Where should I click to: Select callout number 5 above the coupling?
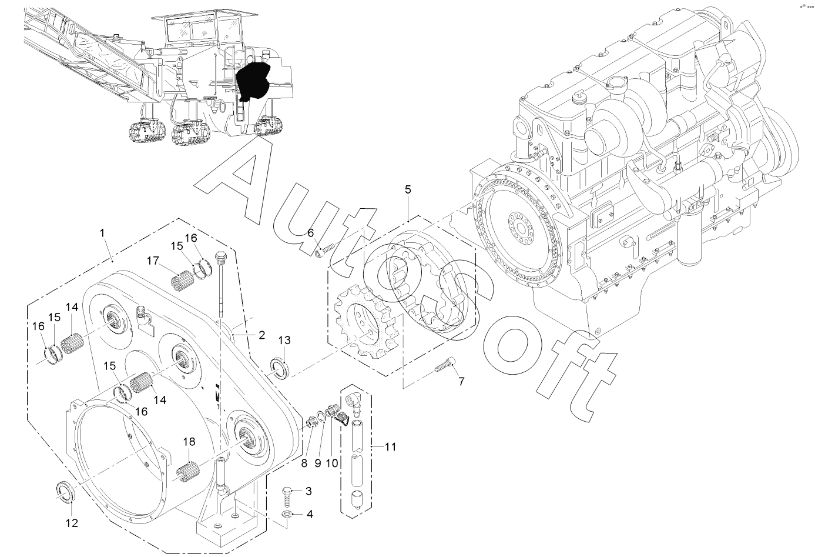pos(408,189)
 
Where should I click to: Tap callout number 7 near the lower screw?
pos(461,381)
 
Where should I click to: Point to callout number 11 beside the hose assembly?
pos(390,446)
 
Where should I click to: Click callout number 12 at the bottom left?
pos(72,523)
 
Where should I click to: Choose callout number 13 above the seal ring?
pos(284,340)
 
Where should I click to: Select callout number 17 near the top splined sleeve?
pos(153,261)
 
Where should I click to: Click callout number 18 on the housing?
pos(189,442)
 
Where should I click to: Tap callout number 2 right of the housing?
pos(261,335)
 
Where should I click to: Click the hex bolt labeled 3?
pos(287,497)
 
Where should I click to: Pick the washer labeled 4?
pos(286,514)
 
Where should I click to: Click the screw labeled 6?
pos(324,251)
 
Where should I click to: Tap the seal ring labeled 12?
pos(65,492)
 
